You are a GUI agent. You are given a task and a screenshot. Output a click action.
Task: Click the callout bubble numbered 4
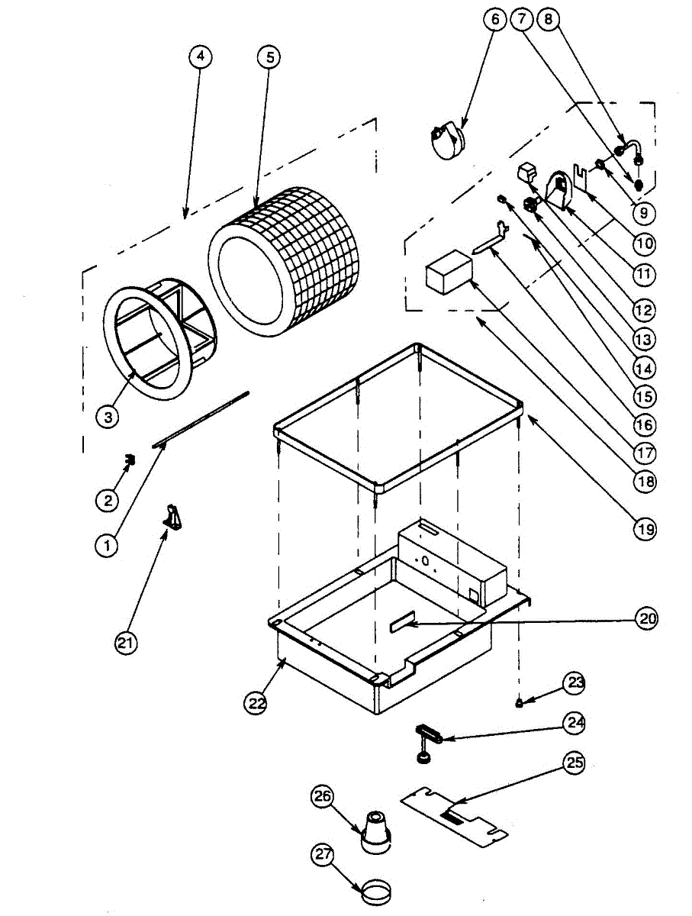pos(199,57)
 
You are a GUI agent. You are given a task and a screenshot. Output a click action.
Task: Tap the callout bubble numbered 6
pos(494,19)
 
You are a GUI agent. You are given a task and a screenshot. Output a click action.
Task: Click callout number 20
pos(646,620)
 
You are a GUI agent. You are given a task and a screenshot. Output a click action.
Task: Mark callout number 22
pos(257,702)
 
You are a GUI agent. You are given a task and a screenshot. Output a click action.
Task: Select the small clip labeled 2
pos(130,460)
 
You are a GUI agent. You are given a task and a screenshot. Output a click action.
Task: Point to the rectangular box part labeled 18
pos(449,273)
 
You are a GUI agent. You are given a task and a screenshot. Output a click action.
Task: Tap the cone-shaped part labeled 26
pos(377,831)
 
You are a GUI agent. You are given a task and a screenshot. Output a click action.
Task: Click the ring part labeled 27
pos(376,890)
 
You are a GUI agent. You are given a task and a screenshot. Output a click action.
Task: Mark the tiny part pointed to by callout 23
pos(520,702)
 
